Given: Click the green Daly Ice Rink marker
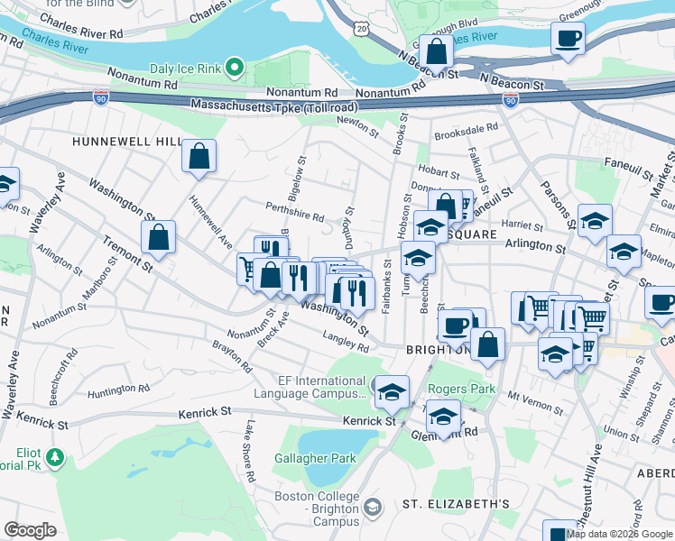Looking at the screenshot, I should click(x=235, y=67).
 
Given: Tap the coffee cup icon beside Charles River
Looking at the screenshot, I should click(x=568, y=40).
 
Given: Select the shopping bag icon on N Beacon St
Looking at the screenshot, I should click(x=436, y=53).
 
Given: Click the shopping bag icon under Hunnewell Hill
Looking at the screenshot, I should click(x=199, y=156).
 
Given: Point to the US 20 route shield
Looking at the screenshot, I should click(x=362, y=29).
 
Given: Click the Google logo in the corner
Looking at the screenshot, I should click(x=30, y=529).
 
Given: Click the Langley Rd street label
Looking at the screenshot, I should click(x=347, y=341).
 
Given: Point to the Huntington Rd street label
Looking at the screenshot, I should click(x=118, y=390).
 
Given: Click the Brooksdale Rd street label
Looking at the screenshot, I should click(x=467, y=129).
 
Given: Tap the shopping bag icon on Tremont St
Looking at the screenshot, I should click(x=158, y=239).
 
